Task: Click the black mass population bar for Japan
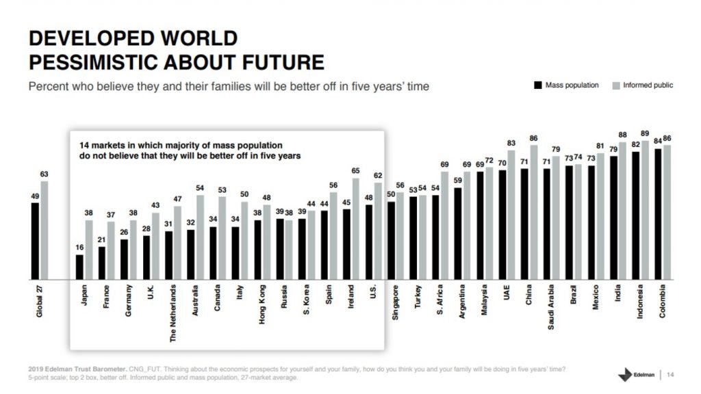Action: pos(79,267)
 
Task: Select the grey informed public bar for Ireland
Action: pos(355,228)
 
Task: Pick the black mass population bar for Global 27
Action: pos(35,241)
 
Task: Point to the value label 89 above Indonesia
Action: pos(645,134)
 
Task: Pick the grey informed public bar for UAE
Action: pos(511,215)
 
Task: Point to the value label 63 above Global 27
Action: pos(44,174)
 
